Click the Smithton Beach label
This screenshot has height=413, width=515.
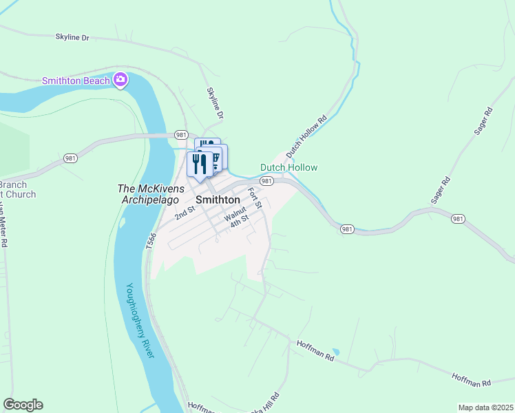pyautogui.click(x=76, y=81)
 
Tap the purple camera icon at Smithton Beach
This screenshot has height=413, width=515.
pyautogui.click(x=120, y=81)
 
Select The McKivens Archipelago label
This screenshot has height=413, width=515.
pyautogui.click(x=151, y=189)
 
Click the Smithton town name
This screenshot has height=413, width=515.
pyautogui.click(x=218, y=200)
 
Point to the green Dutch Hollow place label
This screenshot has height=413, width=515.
pyautogui.click(x=288, y=167)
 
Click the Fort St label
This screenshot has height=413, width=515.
pyautogui.click(x=254, y=198)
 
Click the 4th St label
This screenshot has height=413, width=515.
pyautogui.click(x=239, y=223)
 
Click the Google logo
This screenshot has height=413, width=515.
pyautogui.click(x=23, y=405)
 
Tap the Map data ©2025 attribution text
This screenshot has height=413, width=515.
pyautogui.click(x=485, y=407)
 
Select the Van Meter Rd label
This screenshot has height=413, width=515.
pyautogui.click(x=4, y=227)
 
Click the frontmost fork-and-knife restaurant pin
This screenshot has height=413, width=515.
pyautogui.click(x=200, y=165)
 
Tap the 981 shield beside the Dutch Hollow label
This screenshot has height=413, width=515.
pyautogui.click(x=267, y=180)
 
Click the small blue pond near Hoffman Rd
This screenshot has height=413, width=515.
pyautogui.click(x=335, y=351)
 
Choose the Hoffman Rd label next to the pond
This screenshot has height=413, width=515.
pyautogui.click(x=315, y=350)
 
